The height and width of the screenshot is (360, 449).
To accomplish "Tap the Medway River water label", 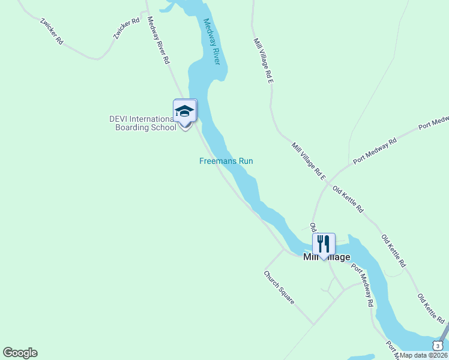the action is coord(212,41).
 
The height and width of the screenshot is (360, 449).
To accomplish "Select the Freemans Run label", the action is coord(226,161).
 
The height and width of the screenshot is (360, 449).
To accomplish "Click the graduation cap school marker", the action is coord(185,111).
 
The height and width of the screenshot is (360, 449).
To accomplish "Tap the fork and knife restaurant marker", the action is coord(324,244).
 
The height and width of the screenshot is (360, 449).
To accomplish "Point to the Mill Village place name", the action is coord(327,257).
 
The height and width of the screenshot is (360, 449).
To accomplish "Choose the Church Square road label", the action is coord(280,287).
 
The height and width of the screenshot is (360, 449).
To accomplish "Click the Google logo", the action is coord(20,353).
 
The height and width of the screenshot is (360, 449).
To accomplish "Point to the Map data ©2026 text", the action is coord(424,355).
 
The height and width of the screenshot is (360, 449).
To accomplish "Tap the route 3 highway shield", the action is coord(438,345).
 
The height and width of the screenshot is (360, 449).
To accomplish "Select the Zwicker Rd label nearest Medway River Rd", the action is coord(126,28).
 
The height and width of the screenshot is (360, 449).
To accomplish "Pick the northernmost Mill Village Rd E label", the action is coord(264,60).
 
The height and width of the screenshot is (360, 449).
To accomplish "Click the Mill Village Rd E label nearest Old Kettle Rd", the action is coord(309,161).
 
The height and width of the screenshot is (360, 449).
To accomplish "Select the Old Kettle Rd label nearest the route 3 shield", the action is coord(430,307).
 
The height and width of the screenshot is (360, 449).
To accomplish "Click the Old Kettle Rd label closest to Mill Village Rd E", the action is coord(348,200).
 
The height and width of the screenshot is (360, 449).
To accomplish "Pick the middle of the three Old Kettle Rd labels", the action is coord(394,250).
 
